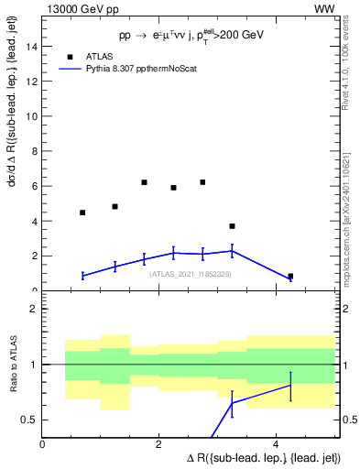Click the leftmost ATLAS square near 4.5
82,213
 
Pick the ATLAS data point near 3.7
232,226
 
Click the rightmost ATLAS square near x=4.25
290,276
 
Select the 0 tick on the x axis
43,443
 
